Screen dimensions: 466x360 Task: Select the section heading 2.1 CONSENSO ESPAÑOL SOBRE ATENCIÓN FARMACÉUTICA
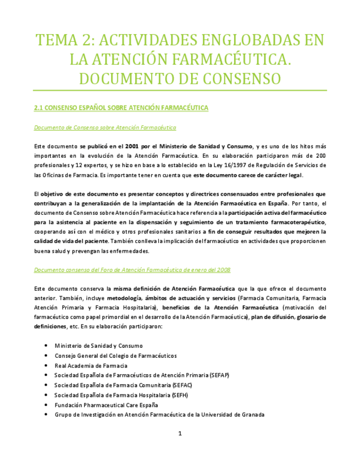(121, 108)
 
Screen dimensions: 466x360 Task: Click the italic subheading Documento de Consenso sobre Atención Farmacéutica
(105, 127)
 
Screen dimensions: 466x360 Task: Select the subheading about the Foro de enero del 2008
(132, 270)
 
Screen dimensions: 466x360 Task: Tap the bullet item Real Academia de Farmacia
(91, 365)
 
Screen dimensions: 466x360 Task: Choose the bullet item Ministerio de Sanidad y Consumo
(98, 346)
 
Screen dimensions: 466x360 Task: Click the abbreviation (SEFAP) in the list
(219, 375)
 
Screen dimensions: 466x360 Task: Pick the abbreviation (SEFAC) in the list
(182, 385)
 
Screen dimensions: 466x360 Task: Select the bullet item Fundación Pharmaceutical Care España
(106, 405)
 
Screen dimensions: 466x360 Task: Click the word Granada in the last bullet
(253, 415)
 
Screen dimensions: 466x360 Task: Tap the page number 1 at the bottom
(180, 434)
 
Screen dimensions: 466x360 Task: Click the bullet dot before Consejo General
(45, 356)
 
